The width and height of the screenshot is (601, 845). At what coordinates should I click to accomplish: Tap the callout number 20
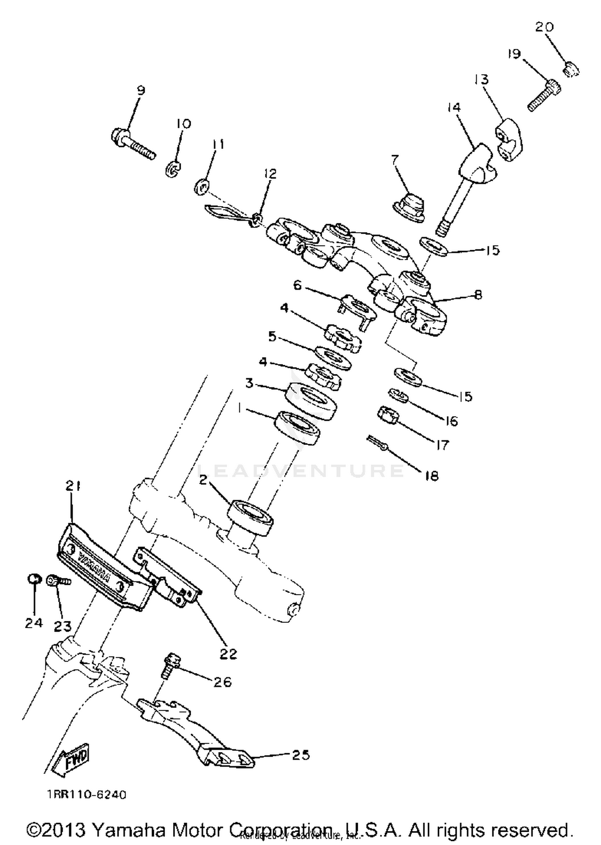click(x=545, y=27)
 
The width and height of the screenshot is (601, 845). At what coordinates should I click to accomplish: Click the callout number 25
click(x=300, y=755)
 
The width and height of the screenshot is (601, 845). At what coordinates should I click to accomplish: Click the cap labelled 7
click(x=409, y=207)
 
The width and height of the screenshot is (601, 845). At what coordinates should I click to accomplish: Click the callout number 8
click(x=478, y=295)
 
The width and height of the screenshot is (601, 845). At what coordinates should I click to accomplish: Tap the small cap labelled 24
click(x=34, y=579)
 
